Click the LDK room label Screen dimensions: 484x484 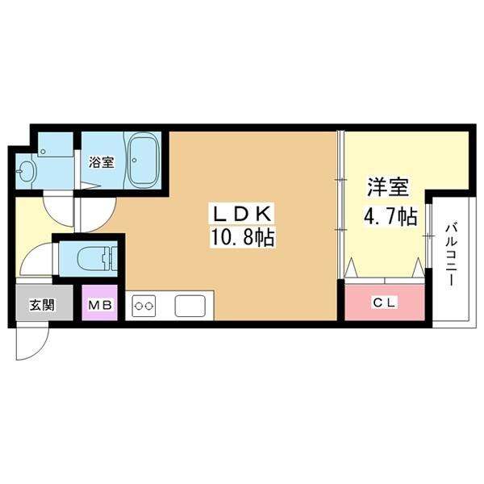tap(241, 213)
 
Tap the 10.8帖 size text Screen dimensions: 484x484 tap(242, 237)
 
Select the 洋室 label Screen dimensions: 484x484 tap(388, 187)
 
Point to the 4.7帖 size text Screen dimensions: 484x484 tap(390, 216)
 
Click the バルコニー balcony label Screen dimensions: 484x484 tap(451, 254)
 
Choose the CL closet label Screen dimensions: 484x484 tap(384, 302)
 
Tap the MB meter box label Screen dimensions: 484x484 tap(100, 305)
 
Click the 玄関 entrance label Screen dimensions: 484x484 tap(42, 305)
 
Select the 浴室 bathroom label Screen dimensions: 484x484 tap(102, 162)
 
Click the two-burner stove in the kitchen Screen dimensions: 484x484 tap(144, 306)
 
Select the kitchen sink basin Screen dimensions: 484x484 tap(190, 306)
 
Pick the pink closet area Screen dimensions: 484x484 tap(384, 302)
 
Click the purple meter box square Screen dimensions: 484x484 tap(100, 302)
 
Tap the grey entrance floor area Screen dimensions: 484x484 tap(44, 302)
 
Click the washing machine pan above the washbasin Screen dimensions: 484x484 tap(55, 144)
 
